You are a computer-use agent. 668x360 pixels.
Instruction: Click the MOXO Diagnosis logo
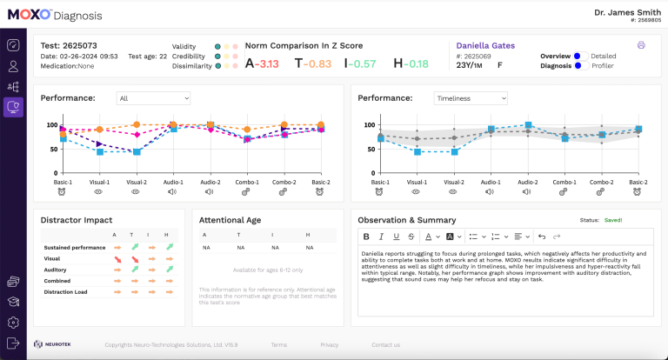click(x=55, y=15)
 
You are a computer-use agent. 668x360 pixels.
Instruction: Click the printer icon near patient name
click(x=641, y=45)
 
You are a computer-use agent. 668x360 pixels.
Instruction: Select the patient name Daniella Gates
click(x=485, y=45)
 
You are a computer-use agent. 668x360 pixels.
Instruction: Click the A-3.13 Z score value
click(x=262, y=63)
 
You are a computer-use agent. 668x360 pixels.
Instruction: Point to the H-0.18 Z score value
click(x=411, y=63)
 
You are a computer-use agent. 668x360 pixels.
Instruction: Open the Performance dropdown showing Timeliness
click(x=470, y=98)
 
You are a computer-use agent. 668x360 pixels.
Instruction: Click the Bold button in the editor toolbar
click(x=366, y=237)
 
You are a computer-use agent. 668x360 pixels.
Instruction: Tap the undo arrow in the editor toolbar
click(x=540, y=237)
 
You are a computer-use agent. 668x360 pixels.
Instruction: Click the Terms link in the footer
click(x=278, y=345)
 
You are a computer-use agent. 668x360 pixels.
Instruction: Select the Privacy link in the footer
click(x=329, y=345)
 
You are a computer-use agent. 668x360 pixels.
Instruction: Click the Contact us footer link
click(x=385, y=345)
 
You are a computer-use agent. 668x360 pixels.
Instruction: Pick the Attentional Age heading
click(x=230, y=220)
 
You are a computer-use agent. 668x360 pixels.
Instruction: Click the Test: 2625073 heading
click(x=69, y=45)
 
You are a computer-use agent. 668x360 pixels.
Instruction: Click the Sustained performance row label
click(x=76, y=248)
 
